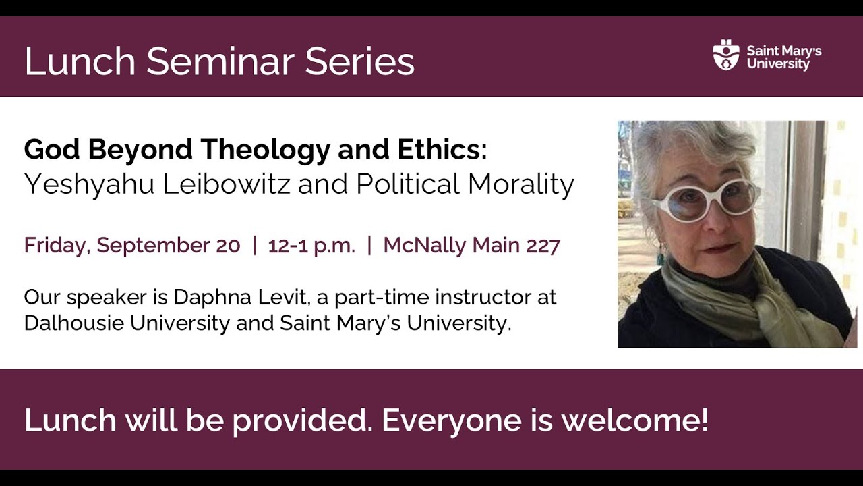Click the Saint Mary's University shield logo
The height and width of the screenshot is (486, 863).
[726, 55]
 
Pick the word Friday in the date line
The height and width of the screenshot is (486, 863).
[56, 246]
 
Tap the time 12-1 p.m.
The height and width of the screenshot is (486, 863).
[311, 246]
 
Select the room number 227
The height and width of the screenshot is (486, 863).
[543, 246]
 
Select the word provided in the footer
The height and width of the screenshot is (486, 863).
[304, 421]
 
